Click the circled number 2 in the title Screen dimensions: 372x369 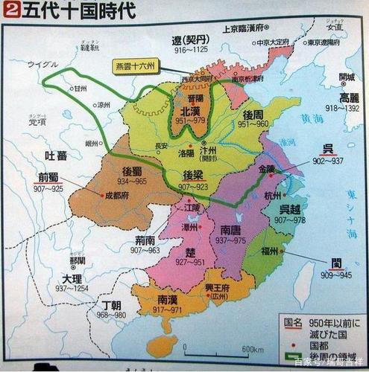pos(10,10)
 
